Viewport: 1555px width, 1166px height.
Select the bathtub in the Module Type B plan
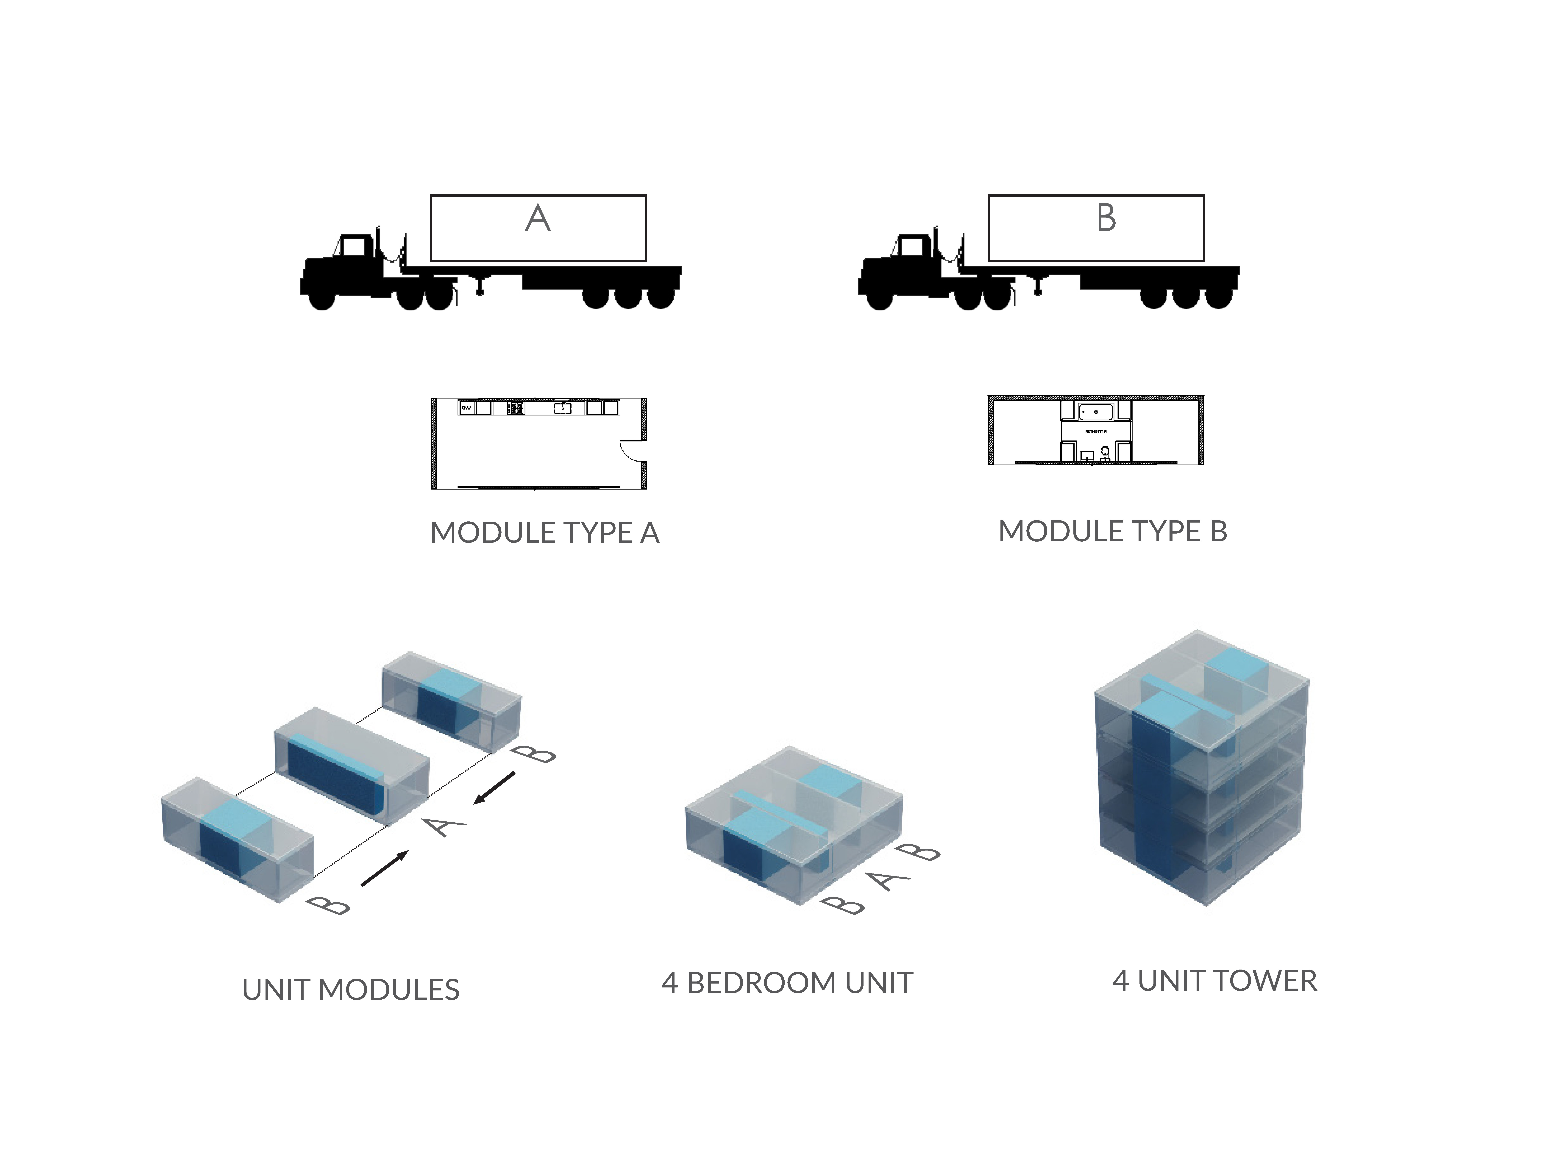point(1095,411)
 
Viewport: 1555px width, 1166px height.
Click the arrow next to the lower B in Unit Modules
point(385,869)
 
